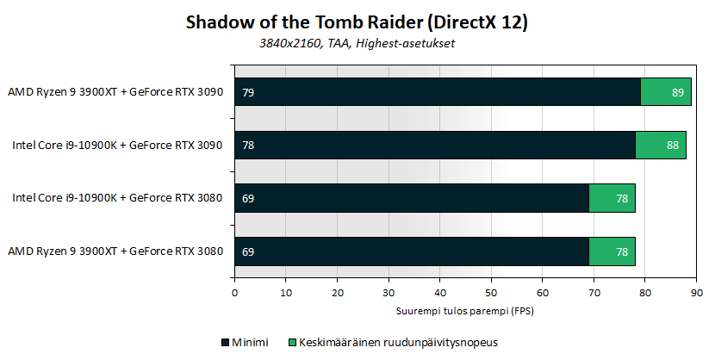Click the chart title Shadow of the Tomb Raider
[305, 22]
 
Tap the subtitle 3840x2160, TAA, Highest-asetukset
[357, 43]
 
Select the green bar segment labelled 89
[666, 91]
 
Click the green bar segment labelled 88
[661, 145]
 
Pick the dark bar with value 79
[438, 91]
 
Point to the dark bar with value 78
[435, 145]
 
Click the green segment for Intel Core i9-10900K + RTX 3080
[612, 198]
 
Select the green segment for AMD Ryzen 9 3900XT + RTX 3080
[612, 251]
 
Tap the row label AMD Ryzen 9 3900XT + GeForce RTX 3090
[115, 92]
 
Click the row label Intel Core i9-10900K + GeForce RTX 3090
[118, 146]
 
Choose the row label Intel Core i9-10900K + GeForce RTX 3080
[118, 198]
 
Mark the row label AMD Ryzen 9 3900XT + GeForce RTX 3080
[115, 251]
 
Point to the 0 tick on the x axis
[235, 293]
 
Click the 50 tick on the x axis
[491, 293]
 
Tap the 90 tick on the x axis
[696, 293]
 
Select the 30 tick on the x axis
[389, 293]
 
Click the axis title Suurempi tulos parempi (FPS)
[464, 312]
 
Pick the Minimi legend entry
[246, 343]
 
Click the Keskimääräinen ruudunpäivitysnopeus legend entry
[393, 343]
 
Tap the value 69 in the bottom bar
[248, 252]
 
